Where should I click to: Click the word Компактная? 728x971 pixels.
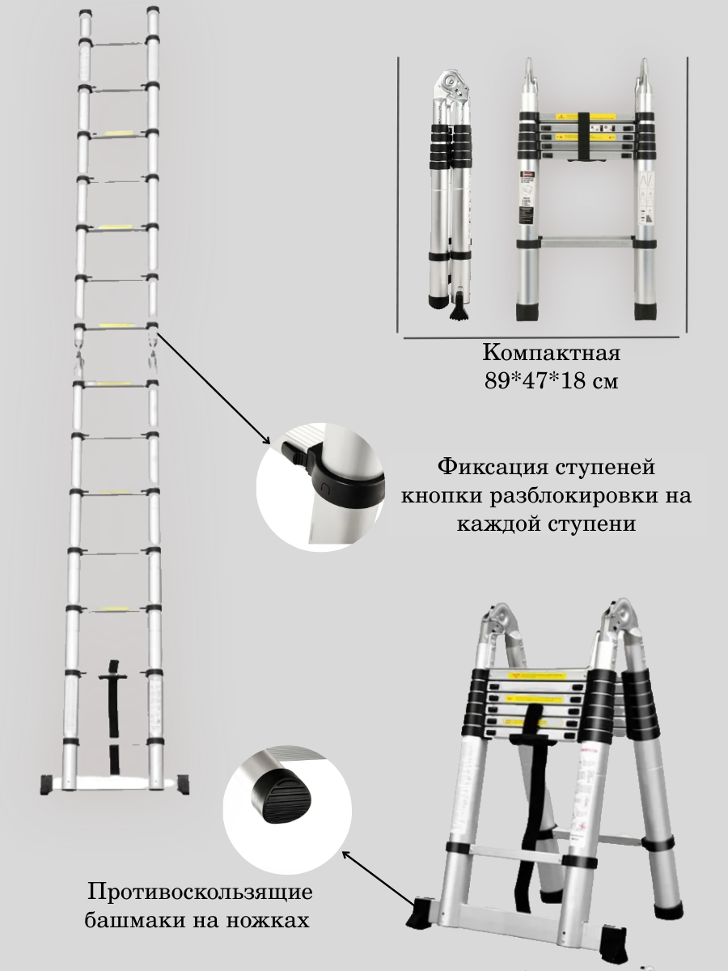pos(552,354)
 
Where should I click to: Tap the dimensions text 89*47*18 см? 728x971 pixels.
pos(551,381)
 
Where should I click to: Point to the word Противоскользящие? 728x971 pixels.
pos(199,893)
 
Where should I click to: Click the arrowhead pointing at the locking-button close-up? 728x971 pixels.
pos(268,440)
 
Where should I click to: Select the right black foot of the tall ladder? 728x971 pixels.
pos(184,782)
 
